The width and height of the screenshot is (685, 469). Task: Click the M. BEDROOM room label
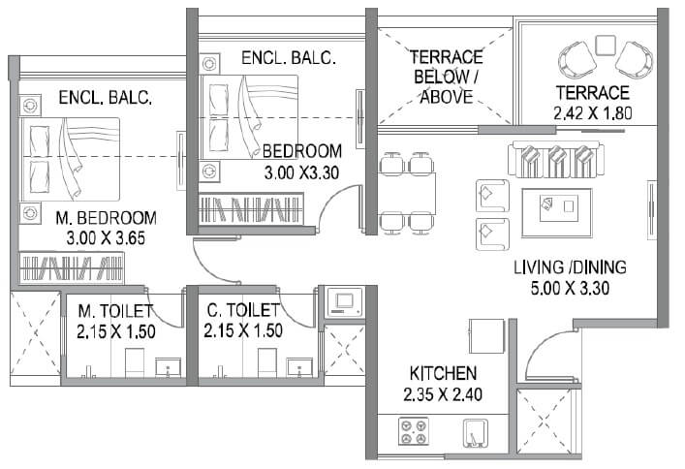(x=107, y=217)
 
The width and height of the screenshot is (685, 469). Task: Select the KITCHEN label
(x=443, y=372)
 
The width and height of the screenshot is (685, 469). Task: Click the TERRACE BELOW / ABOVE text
(x=445, y=77)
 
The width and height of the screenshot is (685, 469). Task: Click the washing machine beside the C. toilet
(x=341, y=301)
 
